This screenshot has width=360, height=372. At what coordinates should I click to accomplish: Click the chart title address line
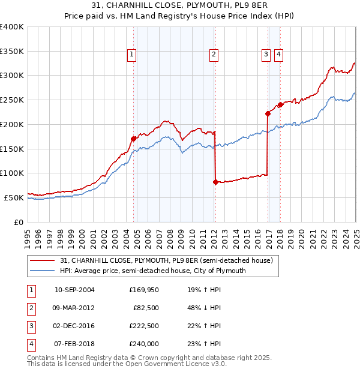[180, 7]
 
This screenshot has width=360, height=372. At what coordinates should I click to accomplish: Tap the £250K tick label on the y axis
[12, 100]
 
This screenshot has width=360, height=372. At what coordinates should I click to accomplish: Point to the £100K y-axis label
[12, 173]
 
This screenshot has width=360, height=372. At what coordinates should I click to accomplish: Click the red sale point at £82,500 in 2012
[215, 182]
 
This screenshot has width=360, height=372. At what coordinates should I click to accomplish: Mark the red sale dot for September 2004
[133, 139]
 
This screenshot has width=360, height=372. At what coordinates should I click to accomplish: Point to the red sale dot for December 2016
[268, 113]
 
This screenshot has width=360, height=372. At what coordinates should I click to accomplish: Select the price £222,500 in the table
[143, 326]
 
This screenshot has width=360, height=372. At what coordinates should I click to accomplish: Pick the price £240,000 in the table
[143, 344]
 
